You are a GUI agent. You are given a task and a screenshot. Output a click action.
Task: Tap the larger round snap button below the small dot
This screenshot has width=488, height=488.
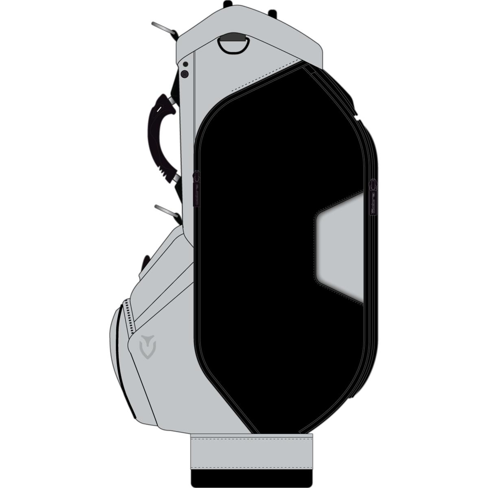(185, 74)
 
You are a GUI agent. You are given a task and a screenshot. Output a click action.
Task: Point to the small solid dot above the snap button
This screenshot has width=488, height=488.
(185, 64)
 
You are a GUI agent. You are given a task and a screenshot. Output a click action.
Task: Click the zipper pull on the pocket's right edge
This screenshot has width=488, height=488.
(373, 198)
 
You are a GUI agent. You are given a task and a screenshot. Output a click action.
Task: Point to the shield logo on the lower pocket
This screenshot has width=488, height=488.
(147, 347)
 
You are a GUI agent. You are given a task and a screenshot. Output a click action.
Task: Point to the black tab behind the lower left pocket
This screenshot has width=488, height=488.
(145, 262)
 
